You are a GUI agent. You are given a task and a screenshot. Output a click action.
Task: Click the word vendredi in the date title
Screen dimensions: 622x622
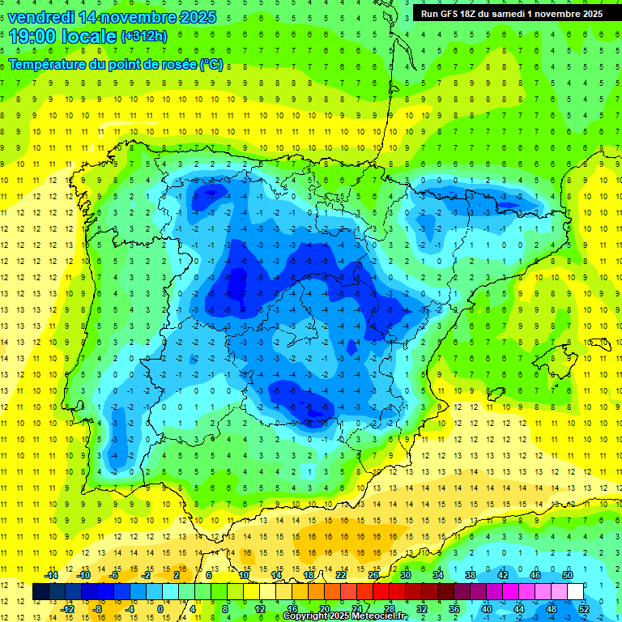coord(41,16)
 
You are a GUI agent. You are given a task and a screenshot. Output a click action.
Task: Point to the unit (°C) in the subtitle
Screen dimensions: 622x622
coord(212,65)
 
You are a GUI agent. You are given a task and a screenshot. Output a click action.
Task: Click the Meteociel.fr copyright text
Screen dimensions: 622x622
coord(344,616)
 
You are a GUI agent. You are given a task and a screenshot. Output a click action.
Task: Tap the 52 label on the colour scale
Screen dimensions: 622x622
coord(584,608)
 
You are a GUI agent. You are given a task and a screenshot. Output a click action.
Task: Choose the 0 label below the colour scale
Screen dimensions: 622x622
coord(160,608)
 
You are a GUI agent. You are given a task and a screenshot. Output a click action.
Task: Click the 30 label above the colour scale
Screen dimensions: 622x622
coord(405,575)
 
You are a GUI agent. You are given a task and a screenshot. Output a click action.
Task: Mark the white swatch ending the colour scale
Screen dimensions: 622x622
coord(576,592)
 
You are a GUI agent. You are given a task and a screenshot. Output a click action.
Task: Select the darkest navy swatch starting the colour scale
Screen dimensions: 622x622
coord(40,592)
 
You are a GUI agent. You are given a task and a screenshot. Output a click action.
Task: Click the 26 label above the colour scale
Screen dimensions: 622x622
coord(373,575)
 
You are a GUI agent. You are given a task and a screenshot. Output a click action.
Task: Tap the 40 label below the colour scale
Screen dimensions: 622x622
coord(486,608)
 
